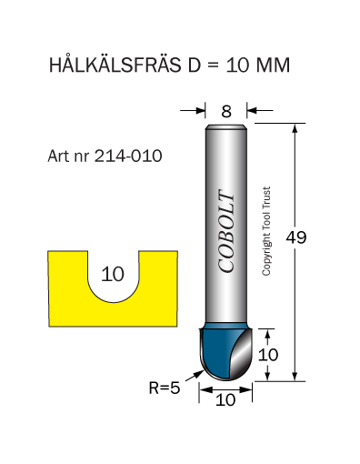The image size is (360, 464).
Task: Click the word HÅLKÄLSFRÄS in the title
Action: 115,64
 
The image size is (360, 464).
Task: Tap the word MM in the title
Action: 273,65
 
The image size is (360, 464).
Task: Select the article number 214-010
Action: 128,156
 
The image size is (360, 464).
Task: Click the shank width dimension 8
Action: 226,111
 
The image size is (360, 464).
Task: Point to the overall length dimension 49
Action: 296,237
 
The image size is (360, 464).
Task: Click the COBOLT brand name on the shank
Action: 226,231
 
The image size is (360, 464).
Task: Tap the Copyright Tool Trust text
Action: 266,231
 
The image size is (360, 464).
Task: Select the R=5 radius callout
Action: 165,388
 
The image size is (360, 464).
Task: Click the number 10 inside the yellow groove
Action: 113,274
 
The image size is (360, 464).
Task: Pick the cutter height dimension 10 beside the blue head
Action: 268,355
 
